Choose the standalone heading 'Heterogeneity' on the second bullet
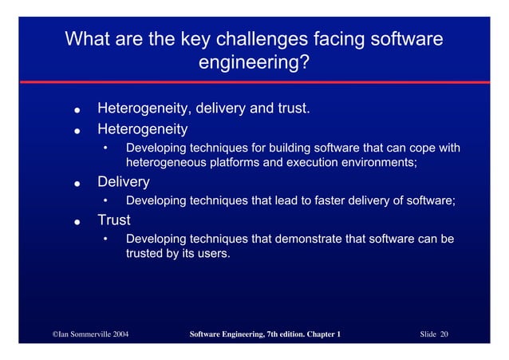pos(142,128)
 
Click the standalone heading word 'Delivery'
pos(123,183)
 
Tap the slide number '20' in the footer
pos(444,334)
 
